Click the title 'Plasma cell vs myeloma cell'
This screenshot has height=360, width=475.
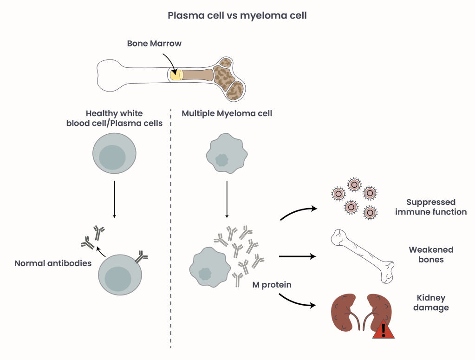click(237, 15)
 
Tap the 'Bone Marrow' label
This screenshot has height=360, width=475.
click(154, 43)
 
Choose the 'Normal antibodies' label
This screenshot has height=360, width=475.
click(53, 263)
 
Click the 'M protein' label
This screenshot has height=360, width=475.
click(272, 285)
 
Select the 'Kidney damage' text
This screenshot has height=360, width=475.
click(431, 302)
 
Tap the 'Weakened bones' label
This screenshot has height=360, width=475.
click(431, 255)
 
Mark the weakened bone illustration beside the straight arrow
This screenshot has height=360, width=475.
click(363, 255)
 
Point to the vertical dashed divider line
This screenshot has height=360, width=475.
click(171, 232)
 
